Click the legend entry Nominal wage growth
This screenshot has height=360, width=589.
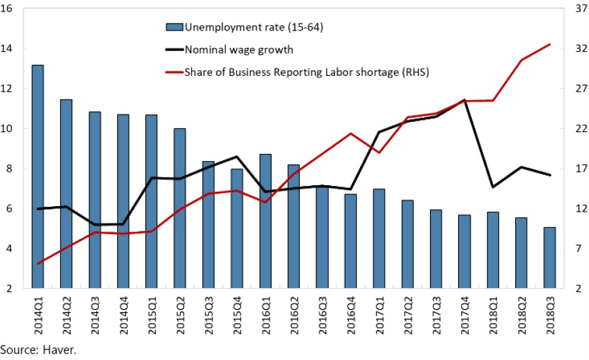[x=239, y=49]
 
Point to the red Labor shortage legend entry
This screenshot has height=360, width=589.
[x=307, y=71]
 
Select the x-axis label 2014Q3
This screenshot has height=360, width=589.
[x=95, y=314]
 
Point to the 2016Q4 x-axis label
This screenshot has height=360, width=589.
[x=351, y=314]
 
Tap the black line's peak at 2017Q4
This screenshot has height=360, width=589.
[x=464, y=100]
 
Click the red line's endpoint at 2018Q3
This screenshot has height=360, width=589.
[x=550, y=45]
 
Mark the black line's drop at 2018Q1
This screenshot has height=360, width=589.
[x=492, y=187]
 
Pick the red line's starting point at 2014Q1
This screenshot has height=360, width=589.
[x=38, y=263]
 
